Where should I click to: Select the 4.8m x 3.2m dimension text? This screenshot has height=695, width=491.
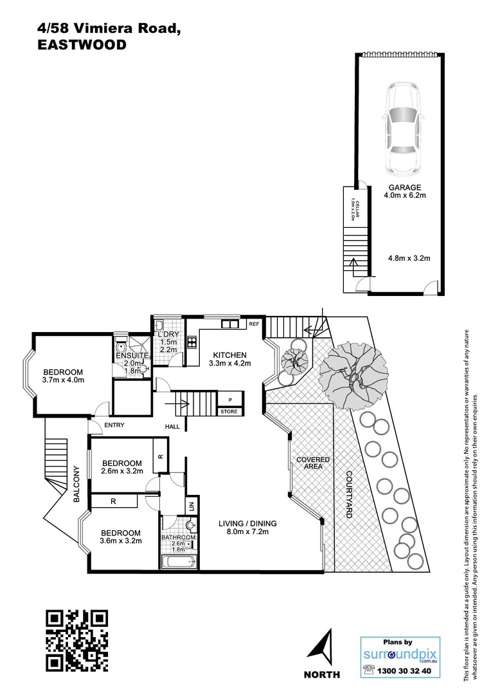[x=409, y=258]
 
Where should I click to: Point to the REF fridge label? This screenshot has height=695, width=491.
[x=254, y=324]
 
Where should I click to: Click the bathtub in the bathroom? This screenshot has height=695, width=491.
[x=178, y=562]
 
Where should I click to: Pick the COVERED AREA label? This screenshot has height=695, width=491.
[x=313, y=463]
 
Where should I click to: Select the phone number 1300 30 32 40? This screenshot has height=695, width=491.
[x=407, y=671]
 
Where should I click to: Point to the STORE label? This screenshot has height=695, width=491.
[x=229, y=411]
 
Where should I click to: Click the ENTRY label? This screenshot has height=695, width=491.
[x=114, y=425]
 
